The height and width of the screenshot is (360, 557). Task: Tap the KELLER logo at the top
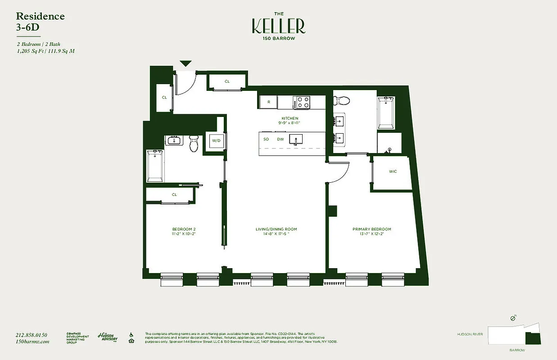tap(278, 27)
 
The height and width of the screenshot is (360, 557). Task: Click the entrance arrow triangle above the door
tap(186, 64)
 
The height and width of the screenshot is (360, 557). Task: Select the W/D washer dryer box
tap(216, 141)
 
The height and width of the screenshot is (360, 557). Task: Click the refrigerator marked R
tap(269, 102)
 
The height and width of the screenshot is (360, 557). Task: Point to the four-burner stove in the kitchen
tap(302, 102)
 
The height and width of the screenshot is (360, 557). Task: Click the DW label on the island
tap(280, 139)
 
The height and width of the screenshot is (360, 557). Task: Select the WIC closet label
tap(392, 171)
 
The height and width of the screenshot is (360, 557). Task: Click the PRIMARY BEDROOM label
tap(371, 229)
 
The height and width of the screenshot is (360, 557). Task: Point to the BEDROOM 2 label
tap(184, 229)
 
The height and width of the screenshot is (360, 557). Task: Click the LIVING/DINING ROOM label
tap(276, 229)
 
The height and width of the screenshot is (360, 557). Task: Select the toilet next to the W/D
tap(194, 144)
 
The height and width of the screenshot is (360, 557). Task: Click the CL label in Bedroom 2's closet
tap(174, 195)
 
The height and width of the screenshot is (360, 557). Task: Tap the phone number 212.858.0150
tap(31, 335)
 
